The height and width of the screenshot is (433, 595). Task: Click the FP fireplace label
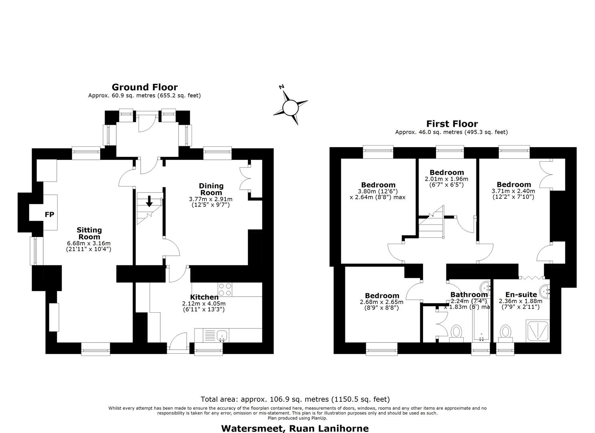49,214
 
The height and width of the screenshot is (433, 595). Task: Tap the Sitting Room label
89,233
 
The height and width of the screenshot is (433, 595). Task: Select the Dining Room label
211,189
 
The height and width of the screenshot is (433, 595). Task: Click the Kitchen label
204,297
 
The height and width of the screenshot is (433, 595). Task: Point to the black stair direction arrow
149,201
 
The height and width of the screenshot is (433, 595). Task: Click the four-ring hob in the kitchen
225,289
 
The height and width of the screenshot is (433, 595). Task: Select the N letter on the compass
282,87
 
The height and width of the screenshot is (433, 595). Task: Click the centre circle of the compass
290,108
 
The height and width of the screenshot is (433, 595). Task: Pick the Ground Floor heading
145,87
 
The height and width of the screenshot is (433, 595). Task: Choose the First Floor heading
452,124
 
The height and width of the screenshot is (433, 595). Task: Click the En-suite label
521,295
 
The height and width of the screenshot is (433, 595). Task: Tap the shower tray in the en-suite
538,331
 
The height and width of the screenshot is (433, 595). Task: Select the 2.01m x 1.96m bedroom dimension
446,179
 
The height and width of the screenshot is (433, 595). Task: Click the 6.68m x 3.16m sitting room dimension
89,243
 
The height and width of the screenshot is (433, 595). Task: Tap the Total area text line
295,399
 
